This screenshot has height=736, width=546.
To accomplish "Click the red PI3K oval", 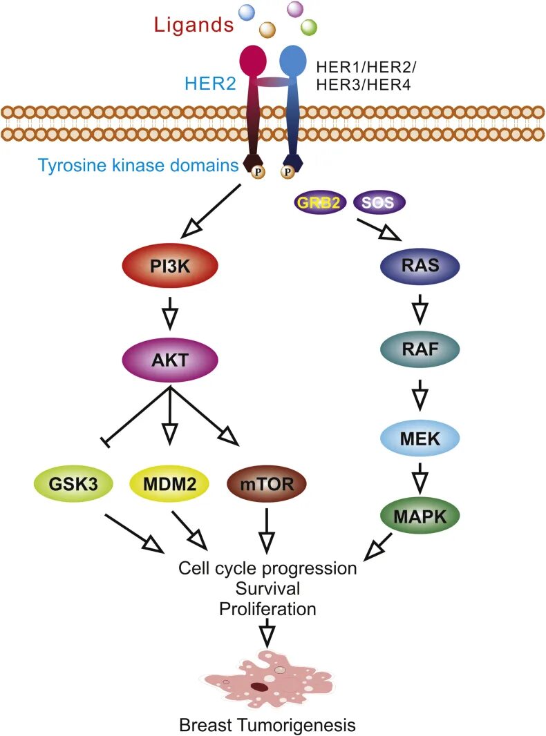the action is click(x=170, y=266).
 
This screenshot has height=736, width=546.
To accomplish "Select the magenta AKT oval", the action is click(x=170, y=360).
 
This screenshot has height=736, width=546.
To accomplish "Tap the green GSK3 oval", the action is click(x=74, y=483).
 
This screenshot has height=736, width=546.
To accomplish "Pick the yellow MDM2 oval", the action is click(x=169, y=483).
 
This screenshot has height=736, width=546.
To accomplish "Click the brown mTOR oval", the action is click(x=266, y=483).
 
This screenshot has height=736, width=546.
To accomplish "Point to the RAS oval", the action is click(x=420, y=266).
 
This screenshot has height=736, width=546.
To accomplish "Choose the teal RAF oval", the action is click(x=420, y=349).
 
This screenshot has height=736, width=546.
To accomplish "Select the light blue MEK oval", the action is click(x=420, y=438).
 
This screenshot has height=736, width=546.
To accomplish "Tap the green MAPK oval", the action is click(x=420, y=516).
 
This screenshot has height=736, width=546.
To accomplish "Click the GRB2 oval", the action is click(x=320, y=202).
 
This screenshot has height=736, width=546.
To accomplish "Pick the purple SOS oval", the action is click(x=378, y=202).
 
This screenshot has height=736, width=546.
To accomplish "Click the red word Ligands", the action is click(x=194, y=24).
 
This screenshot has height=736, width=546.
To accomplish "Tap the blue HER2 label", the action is click(x=210, y=83).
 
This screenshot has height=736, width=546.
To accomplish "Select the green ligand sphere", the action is click(x=309, y=27).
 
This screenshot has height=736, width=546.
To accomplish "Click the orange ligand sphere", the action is click(x=267, y=30).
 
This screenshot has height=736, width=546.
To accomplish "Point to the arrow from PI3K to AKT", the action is click(x=170, y=313).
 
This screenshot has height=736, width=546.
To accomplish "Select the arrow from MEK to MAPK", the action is click(x=420, y=477).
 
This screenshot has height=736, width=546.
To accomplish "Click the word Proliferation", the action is click(x=267, y=609).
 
